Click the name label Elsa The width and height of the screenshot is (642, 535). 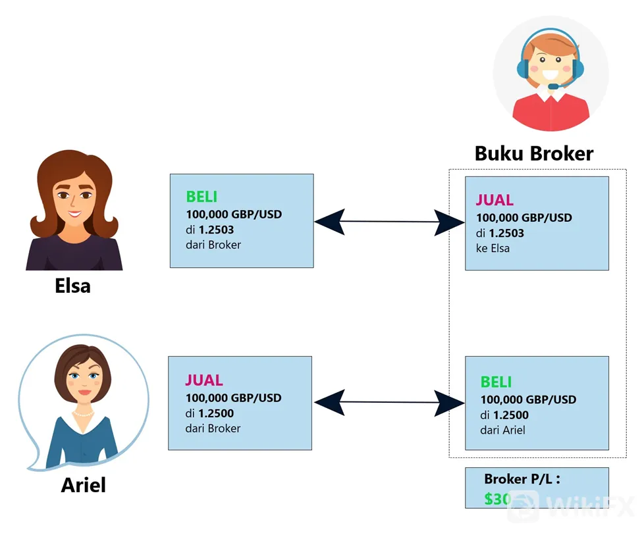coord(72,286)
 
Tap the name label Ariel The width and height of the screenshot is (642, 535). coord(84,485)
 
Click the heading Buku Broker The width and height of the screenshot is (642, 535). coord(534,154)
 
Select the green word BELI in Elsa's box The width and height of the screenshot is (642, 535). coord(201,197)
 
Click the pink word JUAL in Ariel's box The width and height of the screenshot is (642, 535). coord(204,380)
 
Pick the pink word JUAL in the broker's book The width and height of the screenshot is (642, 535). coord(495,200)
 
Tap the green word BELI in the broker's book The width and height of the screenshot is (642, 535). coord(496,382)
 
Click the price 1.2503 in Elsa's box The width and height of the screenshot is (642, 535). coord(216,230)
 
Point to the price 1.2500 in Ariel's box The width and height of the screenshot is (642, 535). coord(216,413)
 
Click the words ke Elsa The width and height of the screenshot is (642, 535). coord(493,249)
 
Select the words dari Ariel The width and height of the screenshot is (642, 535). coord(502,430)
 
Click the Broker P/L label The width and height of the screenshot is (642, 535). coord(522,479)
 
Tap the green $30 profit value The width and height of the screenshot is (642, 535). coord(497,499)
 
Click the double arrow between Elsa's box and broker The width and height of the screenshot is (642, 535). coord(389,222)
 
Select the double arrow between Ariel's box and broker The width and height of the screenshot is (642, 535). coord(389,402)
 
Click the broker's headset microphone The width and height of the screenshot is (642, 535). coord(554,86)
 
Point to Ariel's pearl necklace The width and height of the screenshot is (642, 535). coord(84,414)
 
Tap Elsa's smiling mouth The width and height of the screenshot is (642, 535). coord(74,213)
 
